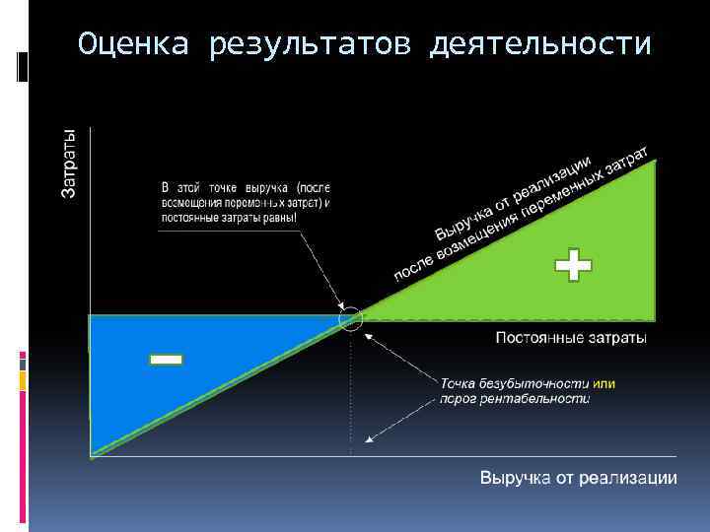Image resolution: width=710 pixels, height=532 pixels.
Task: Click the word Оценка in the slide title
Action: [x=131, y=45]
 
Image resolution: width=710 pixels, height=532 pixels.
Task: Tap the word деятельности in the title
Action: [x=540, y=45]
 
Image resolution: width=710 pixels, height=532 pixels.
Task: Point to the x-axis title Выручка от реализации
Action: [x=578, y=478]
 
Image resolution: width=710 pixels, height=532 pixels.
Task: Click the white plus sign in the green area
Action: [x=573, y=266]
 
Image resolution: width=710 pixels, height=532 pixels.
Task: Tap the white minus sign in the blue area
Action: [x=166, y=360]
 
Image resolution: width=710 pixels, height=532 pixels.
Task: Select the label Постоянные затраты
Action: [x=570, y=339]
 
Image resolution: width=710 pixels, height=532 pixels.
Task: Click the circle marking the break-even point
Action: [x=351, y=318]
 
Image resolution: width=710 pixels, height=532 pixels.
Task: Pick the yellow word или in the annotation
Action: [x=604, y=382]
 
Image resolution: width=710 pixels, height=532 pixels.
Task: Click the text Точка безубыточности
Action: [x=514, y=382]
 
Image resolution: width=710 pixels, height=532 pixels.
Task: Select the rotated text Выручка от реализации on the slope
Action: [x=513, y=198]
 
